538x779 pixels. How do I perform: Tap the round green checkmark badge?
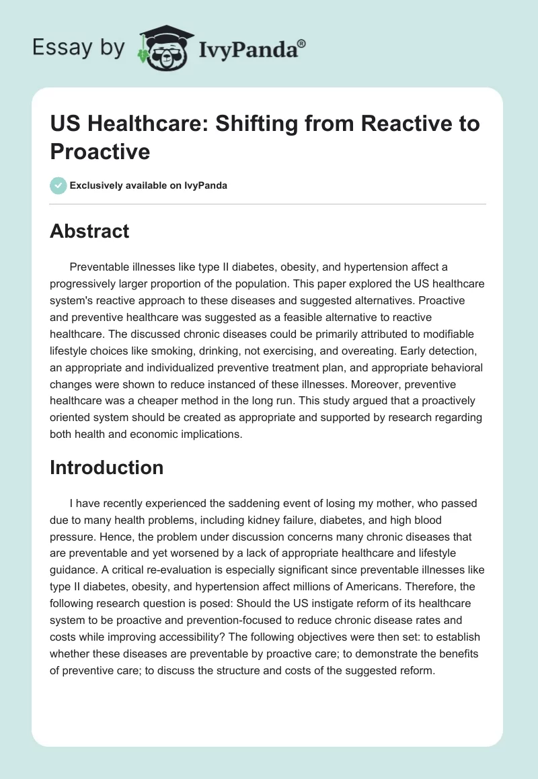59,185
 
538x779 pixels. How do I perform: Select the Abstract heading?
89,231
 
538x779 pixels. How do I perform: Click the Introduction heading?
106,467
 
